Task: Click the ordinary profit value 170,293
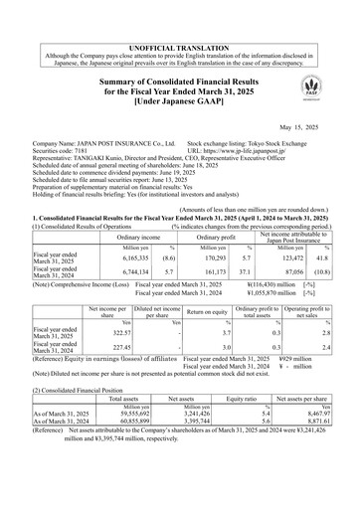pos(207,257)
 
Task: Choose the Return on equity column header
pos(207,316)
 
